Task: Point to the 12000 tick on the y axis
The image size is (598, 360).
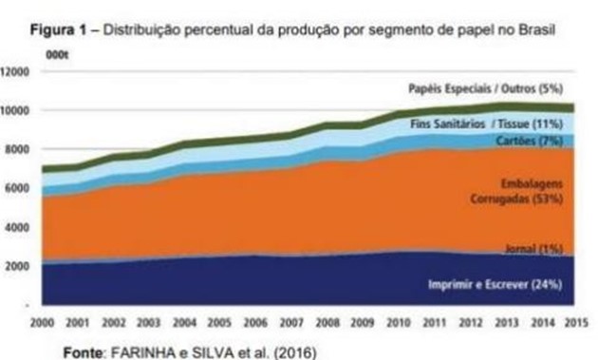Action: (x=17, y=71)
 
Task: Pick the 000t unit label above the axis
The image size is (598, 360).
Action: (x=57, y=55)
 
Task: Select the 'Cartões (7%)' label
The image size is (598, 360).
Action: (x=529, y=141)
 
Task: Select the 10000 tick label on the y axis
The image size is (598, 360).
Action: (x=17, y=110)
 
